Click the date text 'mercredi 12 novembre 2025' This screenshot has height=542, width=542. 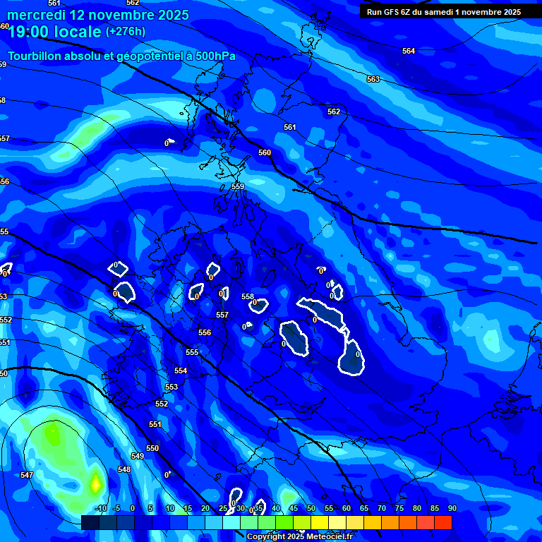tap(99, 15)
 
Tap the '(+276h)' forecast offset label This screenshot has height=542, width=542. tap(126, 32)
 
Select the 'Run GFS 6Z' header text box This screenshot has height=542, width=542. tap(444, 12)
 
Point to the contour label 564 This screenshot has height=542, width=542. tap(409, 51)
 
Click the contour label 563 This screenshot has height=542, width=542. tap(373, 79)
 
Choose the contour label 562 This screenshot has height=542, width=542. tap(334, 112)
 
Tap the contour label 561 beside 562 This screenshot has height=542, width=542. tap(290, 127)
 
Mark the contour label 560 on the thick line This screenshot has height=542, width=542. tap(265, 152)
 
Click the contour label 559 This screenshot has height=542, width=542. tap(238, 186)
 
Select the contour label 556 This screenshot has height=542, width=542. tap(205, 332)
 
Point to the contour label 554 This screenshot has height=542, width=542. tap(181, 371)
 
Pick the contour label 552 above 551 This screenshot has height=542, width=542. tap(162, 404)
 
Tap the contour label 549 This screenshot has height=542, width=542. tap(138, 456)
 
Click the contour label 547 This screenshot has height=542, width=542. tap(27, 475)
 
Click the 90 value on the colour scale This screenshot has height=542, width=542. tap(452, 508)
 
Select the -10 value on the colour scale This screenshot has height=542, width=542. tap(100, 508)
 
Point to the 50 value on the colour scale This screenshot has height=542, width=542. tap(311, 508)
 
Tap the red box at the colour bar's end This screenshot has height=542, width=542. tap(442, 522)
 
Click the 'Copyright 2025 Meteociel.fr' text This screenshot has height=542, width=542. tap(299, 536)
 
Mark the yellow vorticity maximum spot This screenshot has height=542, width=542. tap(95, 484)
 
